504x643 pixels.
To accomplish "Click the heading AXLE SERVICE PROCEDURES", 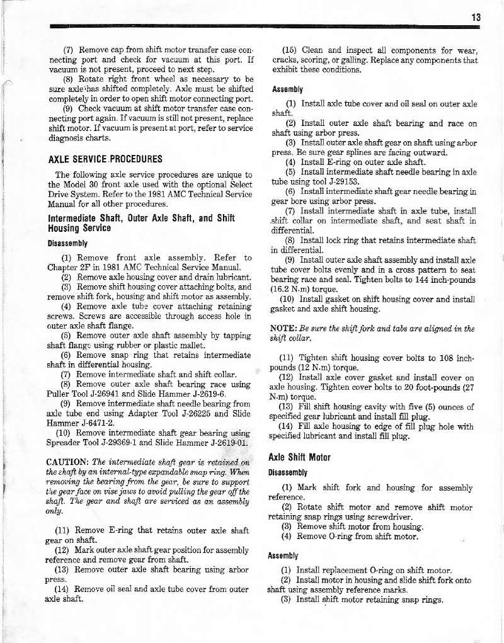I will pos(105,159).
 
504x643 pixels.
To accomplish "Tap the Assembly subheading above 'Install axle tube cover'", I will pos(289,89).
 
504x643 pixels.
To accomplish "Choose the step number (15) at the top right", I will pos(293,50).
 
